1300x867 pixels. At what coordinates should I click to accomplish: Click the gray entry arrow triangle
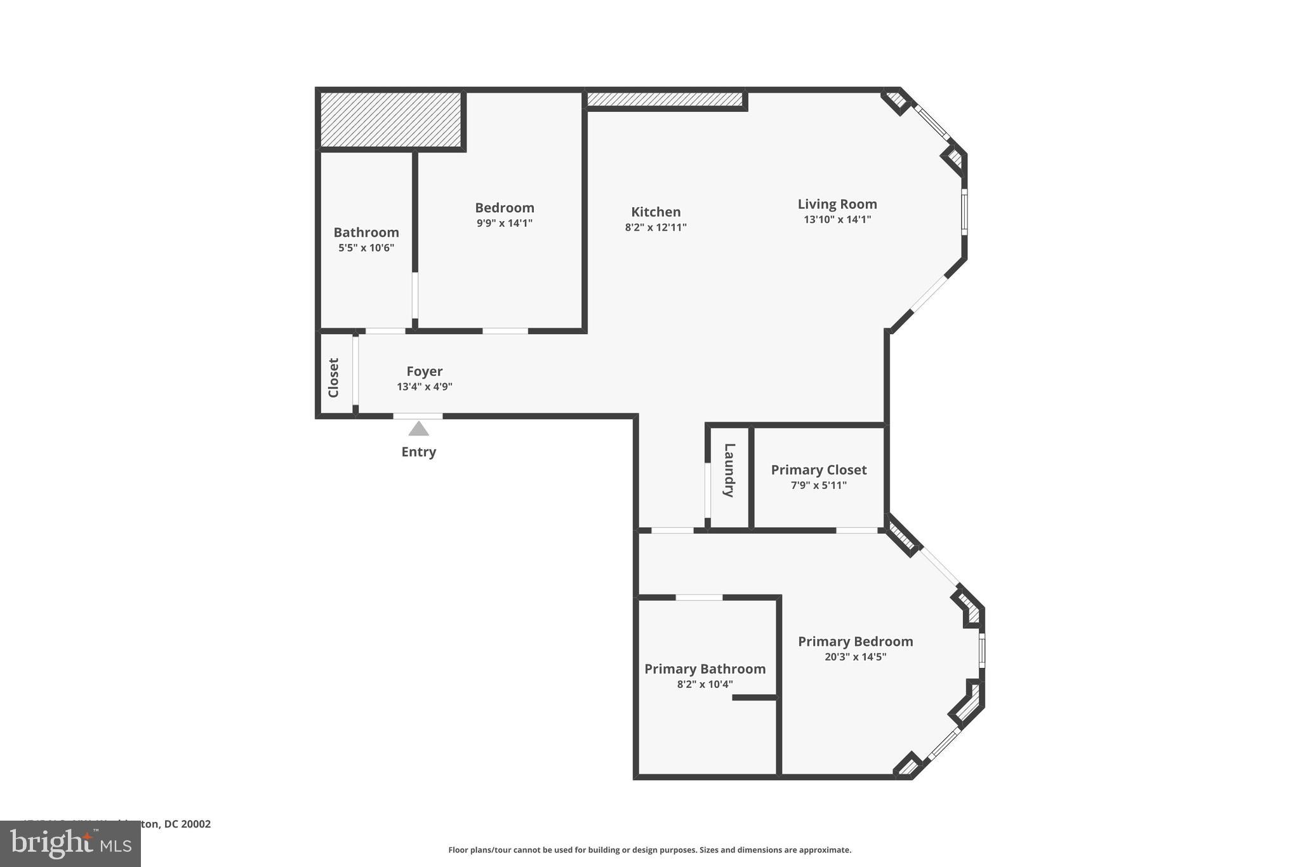pyautogui.click(x=418, y=429)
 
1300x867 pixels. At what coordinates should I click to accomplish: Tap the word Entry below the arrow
pyautogui.click(x=418, y=452)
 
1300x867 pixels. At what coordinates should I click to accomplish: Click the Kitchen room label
pyautogui.click(x=656, y=212)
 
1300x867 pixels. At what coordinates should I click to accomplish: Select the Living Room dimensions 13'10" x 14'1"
pyautogui.click(x=837, y=220)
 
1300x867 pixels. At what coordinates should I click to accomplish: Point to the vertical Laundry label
pyautogui.click(x=729, y=470)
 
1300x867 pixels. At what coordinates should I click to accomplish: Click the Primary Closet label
pyautogui.click(x=818, y=470)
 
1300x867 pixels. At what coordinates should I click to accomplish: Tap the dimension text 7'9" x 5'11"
pyautogui.click(x=818, y=485)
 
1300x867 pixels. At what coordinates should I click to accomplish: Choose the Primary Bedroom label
pyautogui.click(x=855, y=642)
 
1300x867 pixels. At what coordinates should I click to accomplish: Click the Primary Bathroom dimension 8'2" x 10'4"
pyautogui.click(x=705, y=685)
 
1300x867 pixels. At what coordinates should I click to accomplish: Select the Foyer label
pyautogui.click(x=424, y=372)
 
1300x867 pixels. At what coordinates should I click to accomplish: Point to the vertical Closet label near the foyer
pyautogui.click(x=334, y=378)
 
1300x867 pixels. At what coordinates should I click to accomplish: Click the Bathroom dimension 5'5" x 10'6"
pyautogui.click(x=366, y=248)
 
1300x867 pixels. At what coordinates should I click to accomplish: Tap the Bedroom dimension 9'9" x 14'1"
pyautogui.click(x=504, y=223)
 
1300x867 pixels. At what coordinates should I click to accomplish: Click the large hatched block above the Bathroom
pyautogui.click(x=390, y=119)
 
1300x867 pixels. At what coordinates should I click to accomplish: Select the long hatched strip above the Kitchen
pyautogui.click(x=664, y=100)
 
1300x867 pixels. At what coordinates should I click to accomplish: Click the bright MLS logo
pyautogui.click(x=70, y=843)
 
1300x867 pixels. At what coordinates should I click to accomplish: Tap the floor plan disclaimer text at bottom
pyautogui.click(x=649, y=850)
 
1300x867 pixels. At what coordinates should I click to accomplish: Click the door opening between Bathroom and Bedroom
pyautogui.click(x=415, y=295)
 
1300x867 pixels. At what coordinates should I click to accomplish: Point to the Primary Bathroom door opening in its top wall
pyautogui.click(x=699, y=598)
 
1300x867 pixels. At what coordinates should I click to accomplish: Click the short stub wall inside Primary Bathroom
pyautogui.click(x=755, y=697)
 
